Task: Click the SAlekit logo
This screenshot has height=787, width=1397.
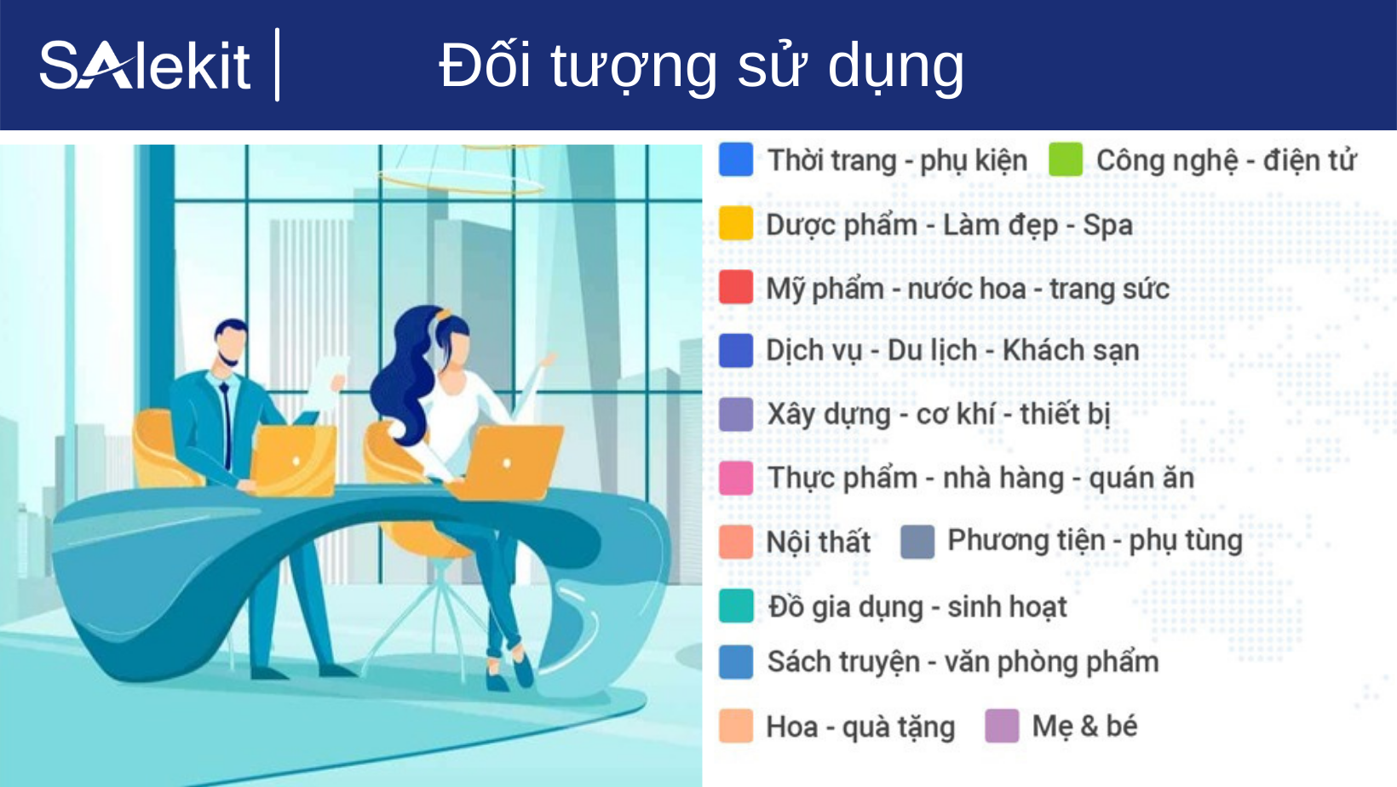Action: pos(145,66)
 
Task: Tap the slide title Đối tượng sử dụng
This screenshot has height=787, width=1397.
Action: pos(701,66)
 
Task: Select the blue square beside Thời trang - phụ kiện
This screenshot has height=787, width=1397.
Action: pos(736,159)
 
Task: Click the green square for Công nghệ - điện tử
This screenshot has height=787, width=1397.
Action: pos(1065,159)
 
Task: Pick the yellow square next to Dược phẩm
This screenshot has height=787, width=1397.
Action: pos(736,223)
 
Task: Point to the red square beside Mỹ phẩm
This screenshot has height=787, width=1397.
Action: pos(736,287)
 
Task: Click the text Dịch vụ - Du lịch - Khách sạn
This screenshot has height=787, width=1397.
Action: pos(951,350)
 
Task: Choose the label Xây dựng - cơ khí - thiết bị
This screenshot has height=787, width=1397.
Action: pos(938,414)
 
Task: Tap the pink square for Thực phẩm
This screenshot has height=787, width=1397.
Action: pos(736,478)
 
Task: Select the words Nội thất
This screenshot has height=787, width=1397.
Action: pos(818,542)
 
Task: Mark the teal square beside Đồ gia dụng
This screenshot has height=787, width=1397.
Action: pos(736,606)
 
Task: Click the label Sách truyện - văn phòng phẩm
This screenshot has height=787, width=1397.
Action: pos(963,662)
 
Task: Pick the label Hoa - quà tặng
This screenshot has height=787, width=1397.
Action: pos(859,727)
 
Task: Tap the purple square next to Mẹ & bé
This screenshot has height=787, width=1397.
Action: pos(1002,726)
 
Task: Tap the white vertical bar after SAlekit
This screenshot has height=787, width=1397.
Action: pos(278,65)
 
